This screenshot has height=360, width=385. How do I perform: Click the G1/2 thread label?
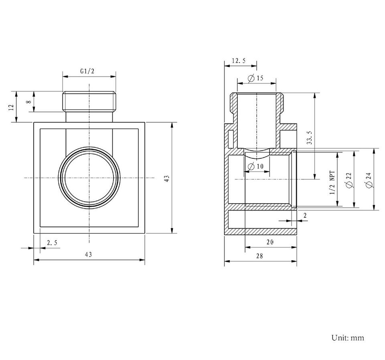(x=87, y=71)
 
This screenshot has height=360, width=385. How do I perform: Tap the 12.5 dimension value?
(x=239, y=61)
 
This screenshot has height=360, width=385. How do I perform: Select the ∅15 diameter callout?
(x=255, y=78)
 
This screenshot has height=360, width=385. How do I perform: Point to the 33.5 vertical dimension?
(x=310, y=137)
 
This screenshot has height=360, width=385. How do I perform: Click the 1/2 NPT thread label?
(x=332, y=182)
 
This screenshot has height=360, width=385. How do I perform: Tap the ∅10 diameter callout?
(x=255, y=166)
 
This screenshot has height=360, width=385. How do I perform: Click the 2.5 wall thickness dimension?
(x=52, y=243)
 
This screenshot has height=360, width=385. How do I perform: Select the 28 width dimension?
(x=259, y=256)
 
